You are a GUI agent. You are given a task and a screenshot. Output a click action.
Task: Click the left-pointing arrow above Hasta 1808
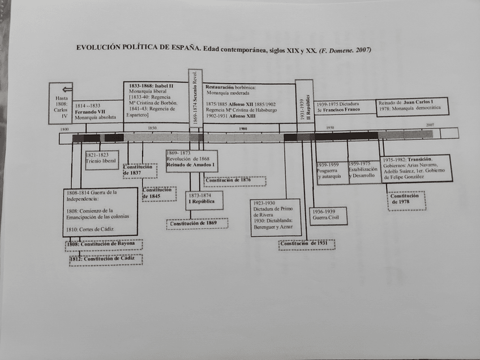pos(67,88)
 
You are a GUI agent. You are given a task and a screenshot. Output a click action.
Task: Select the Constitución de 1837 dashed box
pos(139,170)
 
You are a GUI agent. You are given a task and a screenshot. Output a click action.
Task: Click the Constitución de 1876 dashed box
pos(234,181)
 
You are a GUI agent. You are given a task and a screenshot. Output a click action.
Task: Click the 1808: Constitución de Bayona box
pos(104,244)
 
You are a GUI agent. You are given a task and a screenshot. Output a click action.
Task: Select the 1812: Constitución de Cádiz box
pos(105,259)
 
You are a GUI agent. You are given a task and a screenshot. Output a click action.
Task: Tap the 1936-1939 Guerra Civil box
pos(328,216)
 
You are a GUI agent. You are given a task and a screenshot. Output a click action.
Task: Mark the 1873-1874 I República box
pos(204,200)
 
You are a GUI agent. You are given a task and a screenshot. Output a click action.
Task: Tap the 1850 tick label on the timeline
pos(152,128)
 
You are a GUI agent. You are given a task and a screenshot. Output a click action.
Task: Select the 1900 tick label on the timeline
pos(243,128)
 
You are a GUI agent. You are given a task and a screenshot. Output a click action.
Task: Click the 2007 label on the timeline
pos(431,125)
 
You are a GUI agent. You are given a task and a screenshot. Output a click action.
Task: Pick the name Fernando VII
pos(89,112)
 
